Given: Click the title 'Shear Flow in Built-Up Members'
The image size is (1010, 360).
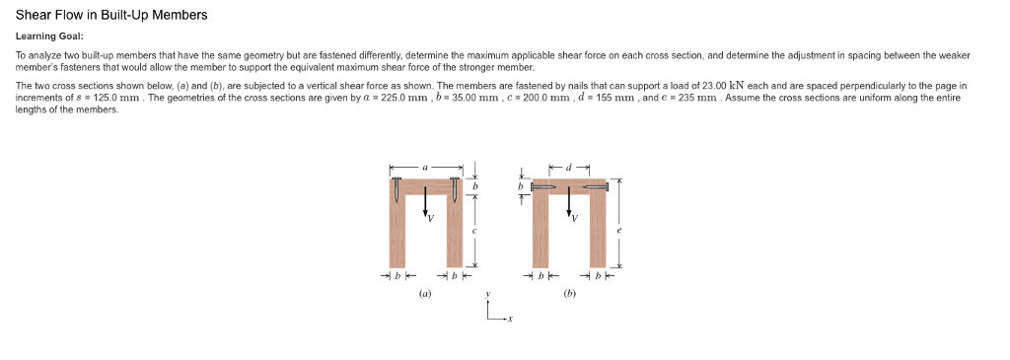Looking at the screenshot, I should (x=111, y=16).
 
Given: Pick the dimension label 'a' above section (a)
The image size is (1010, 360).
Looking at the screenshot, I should (x=425, y=168).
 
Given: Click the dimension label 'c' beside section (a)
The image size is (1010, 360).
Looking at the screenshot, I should (x=474, y=231).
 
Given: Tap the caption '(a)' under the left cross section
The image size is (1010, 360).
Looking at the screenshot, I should (x=425, y=293).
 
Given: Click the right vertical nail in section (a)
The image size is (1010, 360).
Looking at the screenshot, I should (x=455, y=189).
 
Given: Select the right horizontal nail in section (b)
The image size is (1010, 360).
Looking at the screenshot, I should (x=596, y=185).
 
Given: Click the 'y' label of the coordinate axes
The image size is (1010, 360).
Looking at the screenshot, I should (x=487, y=294).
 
